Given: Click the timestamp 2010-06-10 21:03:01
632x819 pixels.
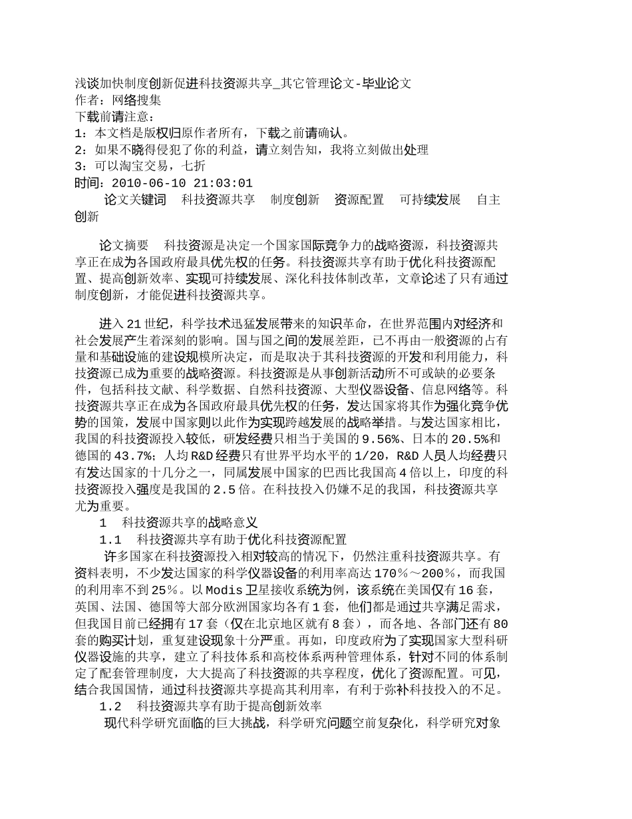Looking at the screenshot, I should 182,183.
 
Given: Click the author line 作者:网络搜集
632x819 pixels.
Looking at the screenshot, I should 118,100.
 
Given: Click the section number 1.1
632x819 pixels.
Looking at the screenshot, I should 110,539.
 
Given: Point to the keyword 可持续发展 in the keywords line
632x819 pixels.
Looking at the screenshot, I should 430,200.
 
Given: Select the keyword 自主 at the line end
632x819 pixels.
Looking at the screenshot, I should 488,200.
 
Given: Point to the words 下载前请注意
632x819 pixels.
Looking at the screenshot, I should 114,117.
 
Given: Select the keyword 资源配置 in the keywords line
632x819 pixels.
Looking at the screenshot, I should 359,200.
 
